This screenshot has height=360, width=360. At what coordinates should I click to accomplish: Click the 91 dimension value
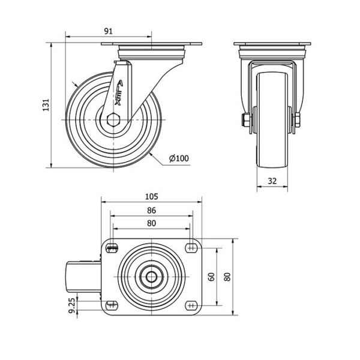pos(109,31)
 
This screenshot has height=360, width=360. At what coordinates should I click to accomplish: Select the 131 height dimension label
pos(46,105)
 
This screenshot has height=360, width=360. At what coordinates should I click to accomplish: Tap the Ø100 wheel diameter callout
pos(179,158)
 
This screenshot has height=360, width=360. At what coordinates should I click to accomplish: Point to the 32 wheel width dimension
pos(272,181)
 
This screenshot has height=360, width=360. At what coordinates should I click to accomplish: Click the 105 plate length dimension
pos(152,197)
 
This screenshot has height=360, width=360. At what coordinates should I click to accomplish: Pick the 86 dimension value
pos(152,211)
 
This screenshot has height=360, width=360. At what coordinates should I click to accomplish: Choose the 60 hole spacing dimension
pos(212,277)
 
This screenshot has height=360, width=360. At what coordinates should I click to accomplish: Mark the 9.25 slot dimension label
pos(72,305)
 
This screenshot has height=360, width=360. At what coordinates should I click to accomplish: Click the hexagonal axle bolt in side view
pos(113,119)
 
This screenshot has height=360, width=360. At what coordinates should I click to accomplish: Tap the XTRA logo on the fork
pos(119,93)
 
